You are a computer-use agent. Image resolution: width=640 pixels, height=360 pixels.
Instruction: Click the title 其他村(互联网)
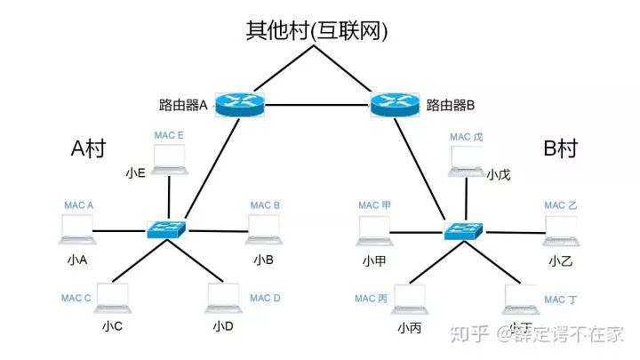317,31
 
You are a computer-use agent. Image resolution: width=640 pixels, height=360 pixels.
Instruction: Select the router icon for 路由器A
240,104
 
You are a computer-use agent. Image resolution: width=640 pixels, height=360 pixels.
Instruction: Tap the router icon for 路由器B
393,104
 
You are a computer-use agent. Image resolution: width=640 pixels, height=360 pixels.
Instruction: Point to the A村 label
88,148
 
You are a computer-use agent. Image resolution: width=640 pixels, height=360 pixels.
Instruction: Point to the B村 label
561,148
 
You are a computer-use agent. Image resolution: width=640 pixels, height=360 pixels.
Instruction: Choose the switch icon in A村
167,228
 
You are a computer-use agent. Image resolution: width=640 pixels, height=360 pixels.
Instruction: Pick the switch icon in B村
464,229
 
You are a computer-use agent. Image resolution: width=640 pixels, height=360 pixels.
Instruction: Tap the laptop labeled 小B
263,229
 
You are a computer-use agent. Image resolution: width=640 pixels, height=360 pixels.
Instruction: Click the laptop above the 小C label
113,298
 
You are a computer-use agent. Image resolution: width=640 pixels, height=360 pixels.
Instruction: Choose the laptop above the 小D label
223,298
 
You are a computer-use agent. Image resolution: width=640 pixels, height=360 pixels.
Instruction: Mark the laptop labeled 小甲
373,230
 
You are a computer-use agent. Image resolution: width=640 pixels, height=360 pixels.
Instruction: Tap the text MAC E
169,135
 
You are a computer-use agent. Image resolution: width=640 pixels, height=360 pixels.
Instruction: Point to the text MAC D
265,299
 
